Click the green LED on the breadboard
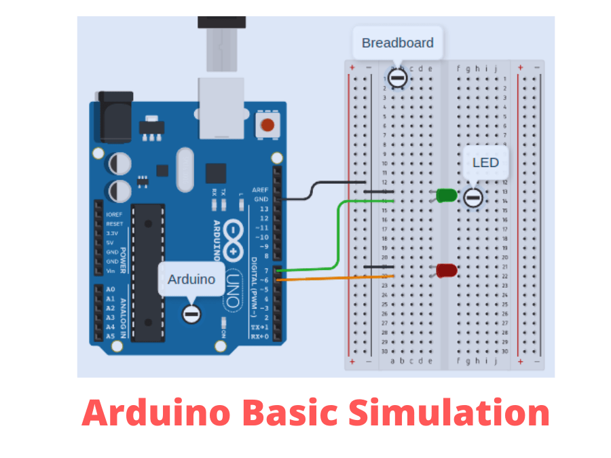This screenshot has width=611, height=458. [445, 196]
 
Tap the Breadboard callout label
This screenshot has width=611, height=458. [397, 43]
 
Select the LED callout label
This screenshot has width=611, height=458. [485, 162]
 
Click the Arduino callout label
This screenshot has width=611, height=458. [191, 279]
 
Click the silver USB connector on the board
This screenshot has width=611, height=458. [221, 109]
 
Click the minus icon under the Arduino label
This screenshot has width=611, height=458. [192, 314]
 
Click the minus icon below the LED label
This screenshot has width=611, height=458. [473, 197]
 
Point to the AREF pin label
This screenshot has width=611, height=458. [260, 189]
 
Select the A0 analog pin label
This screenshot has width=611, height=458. [111, 289]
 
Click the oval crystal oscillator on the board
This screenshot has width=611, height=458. [185, 170]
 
